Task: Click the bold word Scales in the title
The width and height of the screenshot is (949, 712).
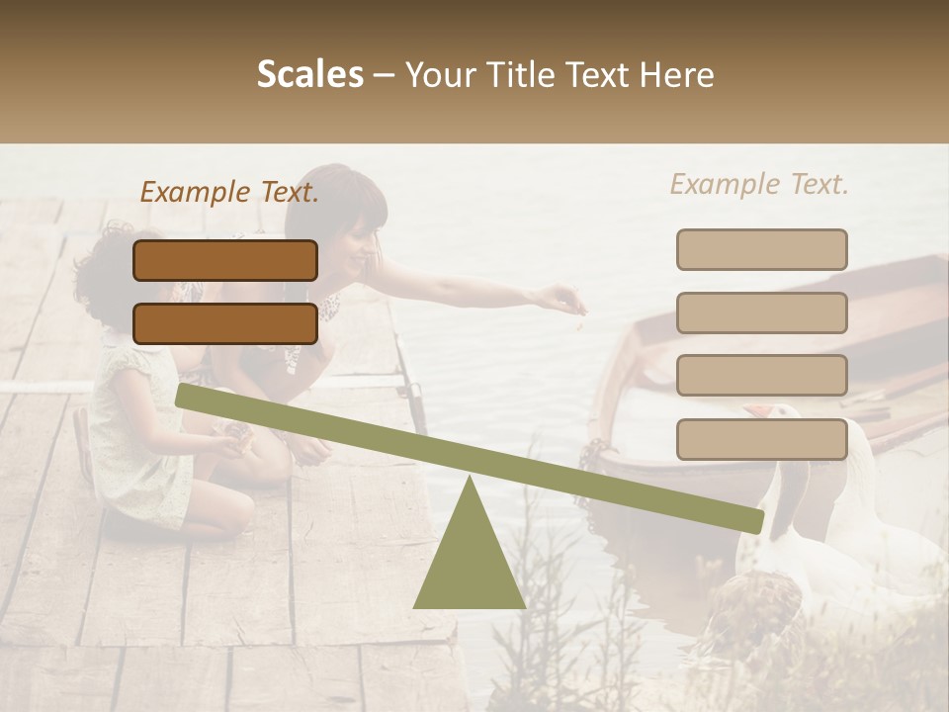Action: [x=309, y=75]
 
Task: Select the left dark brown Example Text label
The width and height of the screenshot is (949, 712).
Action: [x=229, y=192]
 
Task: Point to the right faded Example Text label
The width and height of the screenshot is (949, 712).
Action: [x=759, y=184]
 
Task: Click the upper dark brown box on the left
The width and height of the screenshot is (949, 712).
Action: [x=225, y=260]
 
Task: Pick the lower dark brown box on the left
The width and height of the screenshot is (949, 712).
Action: [x=225, y=323]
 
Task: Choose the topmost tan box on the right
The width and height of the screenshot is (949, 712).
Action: [x=761, y=249]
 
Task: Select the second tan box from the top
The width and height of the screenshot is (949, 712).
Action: [x=761, y=312]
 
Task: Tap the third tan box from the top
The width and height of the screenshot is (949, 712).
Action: [x=761, y=376]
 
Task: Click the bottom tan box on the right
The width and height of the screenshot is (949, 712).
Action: [x=761, y=439]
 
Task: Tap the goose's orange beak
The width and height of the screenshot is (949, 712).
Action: [x=757, y=409]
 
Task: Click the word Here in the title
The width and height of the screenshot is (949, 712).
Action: [x=675, y=75]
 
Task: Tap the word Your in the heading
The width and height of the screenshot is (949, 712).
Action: [x=441, y=75]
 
